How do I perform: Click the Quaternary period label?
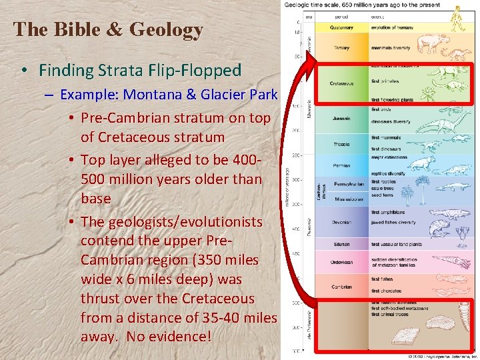coord(341,27)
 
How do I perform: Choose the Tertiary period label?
coord(341,48)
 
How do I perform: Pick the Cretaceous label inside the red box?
coord(341,83)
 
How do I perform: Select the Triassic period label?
coord(341,144)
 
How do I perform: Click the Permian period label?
coord(341,165)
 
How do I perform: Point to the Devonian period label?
coord(341,222)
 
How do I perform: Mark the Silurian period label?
coord(341,245)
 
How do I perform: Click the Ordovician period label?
coord(341,262)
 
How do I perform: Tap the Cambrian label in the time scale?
coord(341,287)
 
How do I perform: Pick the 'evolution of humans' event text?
coord(392,27)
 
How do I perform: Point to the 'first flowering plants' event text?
coord(391,100)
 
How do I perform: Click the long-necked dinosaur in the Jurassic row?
coord(434,123)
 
